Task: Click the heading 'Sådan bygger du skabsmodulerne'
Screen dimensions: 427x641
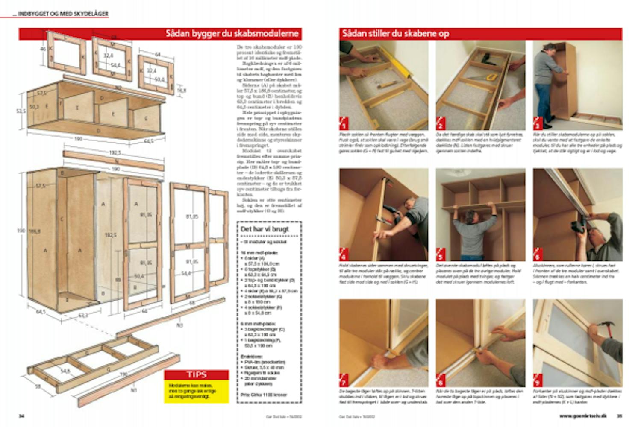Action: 232,34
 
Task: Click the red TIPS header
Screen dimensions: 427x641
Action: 197,374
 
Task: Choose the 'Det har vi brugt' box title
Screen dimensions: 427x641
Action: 265,229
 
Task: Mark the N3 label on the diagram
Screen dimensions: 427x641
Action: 179,325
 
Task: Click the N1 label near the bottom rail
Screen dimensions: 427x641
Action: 134,389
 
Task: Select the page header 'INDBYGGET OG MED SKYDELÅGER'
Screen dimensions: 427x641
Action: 63,14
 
